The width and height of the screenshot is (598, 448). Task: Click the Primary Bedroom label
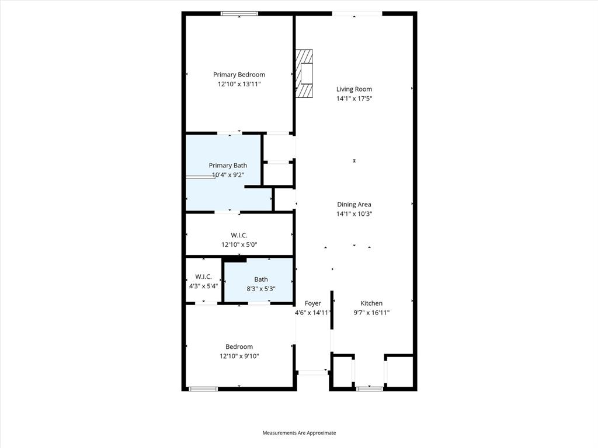[x=239, y=75]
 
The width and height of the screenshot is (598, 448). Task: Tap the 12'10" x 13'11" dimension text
[x=239, y=84]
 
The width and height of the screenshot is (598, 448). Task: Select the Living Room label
[x=354, y=89]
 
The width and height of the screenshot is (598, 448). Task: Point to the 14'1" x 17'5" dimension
[x=354, y=99]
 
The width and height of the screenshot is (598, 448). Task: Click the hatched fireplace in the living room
[x=304, y=73]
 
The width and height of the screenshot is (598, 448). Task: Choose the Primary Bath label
[x=228, y=166]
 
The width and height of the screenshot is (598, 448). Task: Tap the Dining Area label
[x=354, y=205]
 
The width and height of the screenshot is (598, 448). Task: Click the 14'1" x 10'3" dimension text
[x=354, y=213]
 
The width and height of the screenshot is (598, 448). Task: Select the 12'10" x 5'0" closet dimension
[x=239, y=244]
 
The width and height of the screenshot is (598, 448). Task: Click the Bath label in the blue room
[x=261, y=279]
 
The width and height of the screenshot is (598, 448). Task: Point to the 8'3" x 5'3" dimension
[x=261, y=289]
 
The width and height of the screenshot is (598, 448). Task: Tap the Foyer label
[x=313, y=303]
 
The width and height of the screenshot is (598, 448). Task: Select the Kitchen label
[x=371, y=303]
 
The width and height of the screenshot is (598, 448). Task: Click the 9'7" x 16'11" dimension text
[x=371, y=313]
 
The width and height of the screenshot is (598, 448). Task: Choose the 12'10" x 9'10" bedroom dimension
[x=239, y=356]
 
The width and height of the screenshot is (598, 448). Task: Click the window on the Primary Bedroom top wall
[x=239, y=14]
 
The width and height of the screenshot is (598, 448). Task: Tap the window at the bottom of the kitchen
[x=369, y=388]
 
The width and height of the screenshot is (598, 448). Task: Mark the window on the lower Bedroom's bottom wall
[x=203, y=389]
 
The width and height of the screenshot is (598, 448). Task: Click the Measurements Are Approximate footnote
[x=299, y=433]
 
